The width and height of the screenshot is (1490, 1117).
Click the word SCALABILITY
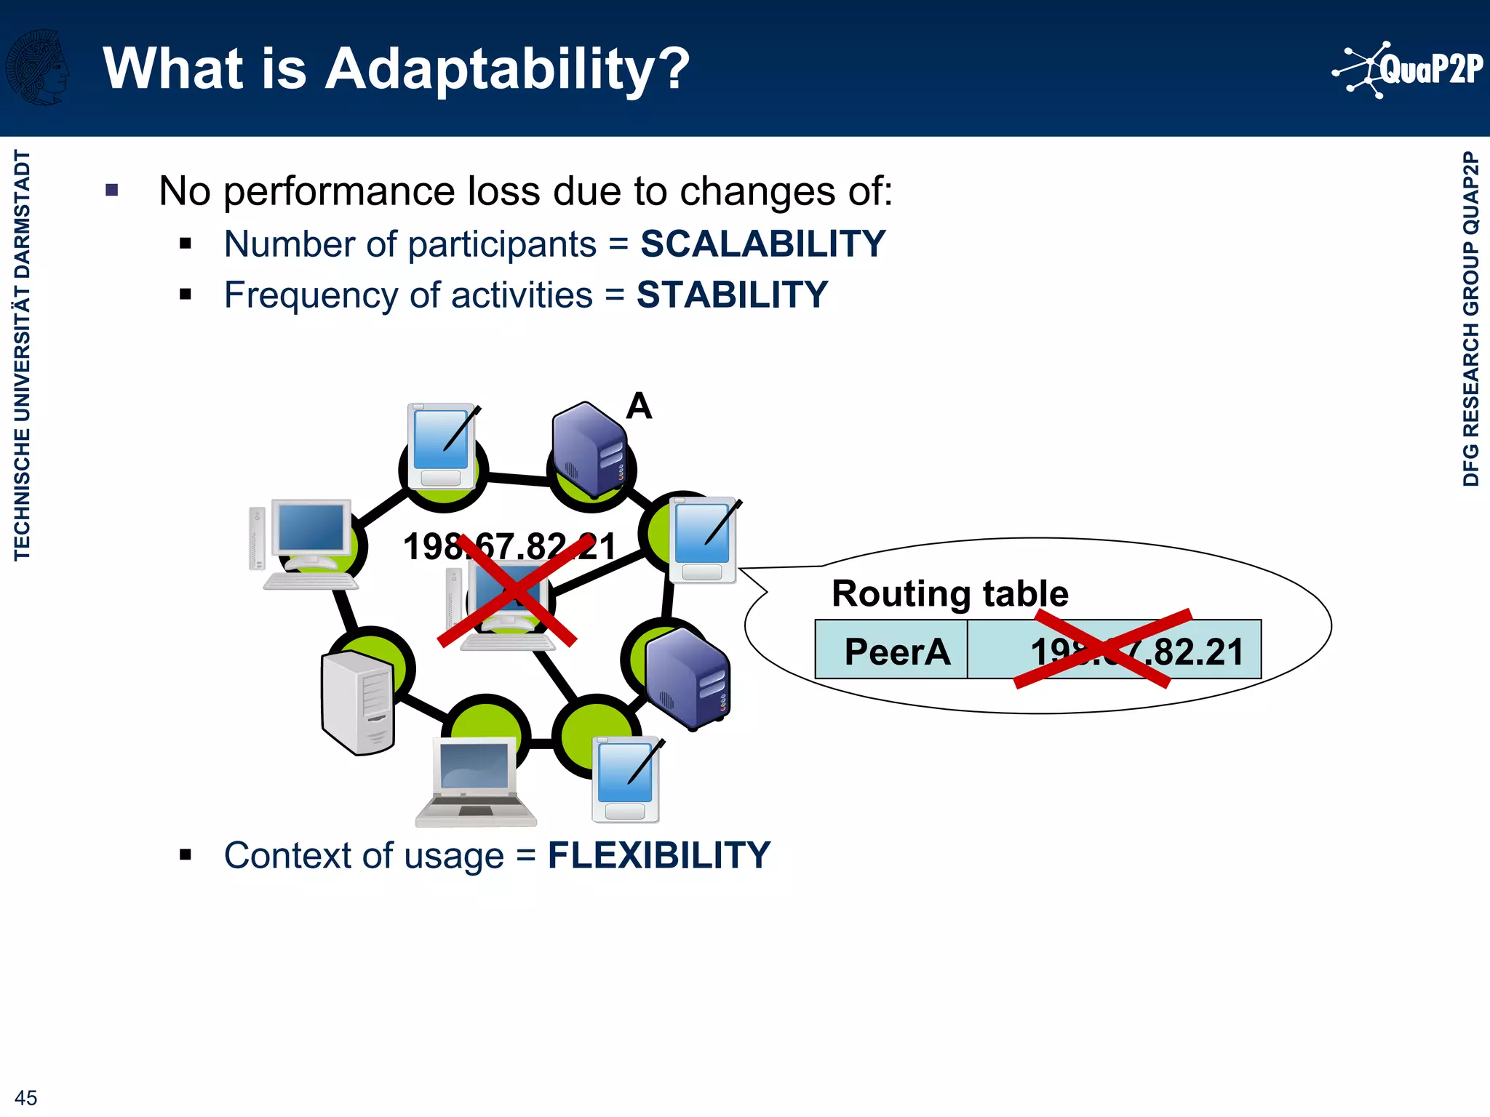(x=762, y=244)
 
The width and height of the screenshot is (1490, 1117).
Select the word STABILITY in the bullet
(x=732, y=295)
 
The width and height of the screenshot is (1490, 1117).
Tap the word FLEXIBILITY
(x=658, y=855)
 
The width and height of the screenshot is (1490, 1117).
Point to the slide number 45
(x=25, y=1097)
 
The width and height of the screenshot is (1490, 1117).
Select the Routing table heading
(x=949, y=593)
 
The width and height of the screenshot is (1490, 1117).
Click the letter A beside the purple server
(x=639, y=406)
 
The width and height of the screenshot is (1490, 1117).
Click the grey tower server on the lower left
(x=358, y=702)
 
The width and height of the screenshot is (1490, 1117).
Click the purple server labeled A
(x=589, y=449)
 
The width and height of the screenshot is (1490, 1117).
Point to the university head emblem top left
(x=38, y=68)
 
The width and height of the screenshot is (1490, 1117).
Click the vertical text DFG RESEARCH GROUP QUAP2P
(x=1470, y=319)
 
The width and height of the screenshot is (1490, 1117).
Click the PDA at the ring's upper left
(x=442, y=446)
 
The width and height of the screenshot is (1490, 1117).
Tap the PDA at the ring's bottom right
(x=626, y=780)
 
